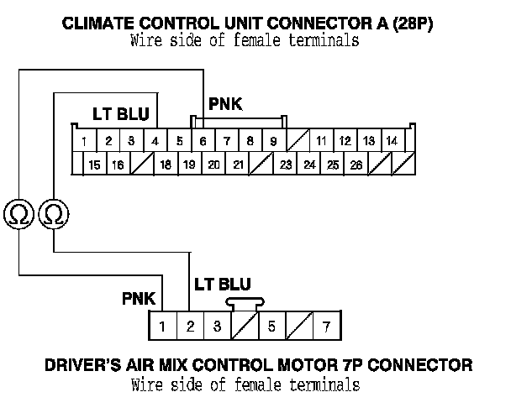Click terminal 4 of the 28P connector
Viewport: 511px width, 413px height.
(x=155, y=140)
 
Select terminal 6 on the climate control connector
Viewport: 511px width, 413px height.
(x=203, y=140)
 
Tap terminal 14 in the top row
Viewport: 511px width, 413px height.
(x=391, y=140)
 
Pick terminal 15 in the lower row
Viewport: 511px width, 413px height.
(x=94, y=165)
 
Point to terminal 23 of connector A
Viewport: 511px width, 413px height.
(x=286, y=165)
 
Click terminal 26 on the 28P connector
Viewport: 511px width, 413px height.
(x=356, y=165)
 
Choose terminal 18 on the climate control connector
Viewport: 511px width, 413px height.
(x=166, y=165)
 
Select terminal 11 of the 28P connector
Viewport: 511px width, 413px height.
(x=321, y=140)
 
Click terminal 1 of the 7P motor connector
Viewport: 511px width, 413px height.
(x=162, y=325)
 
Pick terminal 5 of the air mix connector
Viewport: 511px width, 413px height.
(x=271, y=325)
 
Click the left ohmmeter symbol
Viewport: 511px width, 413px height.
(x=18, y=216)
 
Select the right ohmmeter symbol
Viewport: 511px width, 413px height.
(x=52, y=216)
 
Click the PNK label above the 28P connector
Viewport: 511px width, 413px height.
(x=225, y=105)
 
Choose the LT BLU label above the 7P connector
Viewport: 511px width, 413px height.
(x=222, y=284)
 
